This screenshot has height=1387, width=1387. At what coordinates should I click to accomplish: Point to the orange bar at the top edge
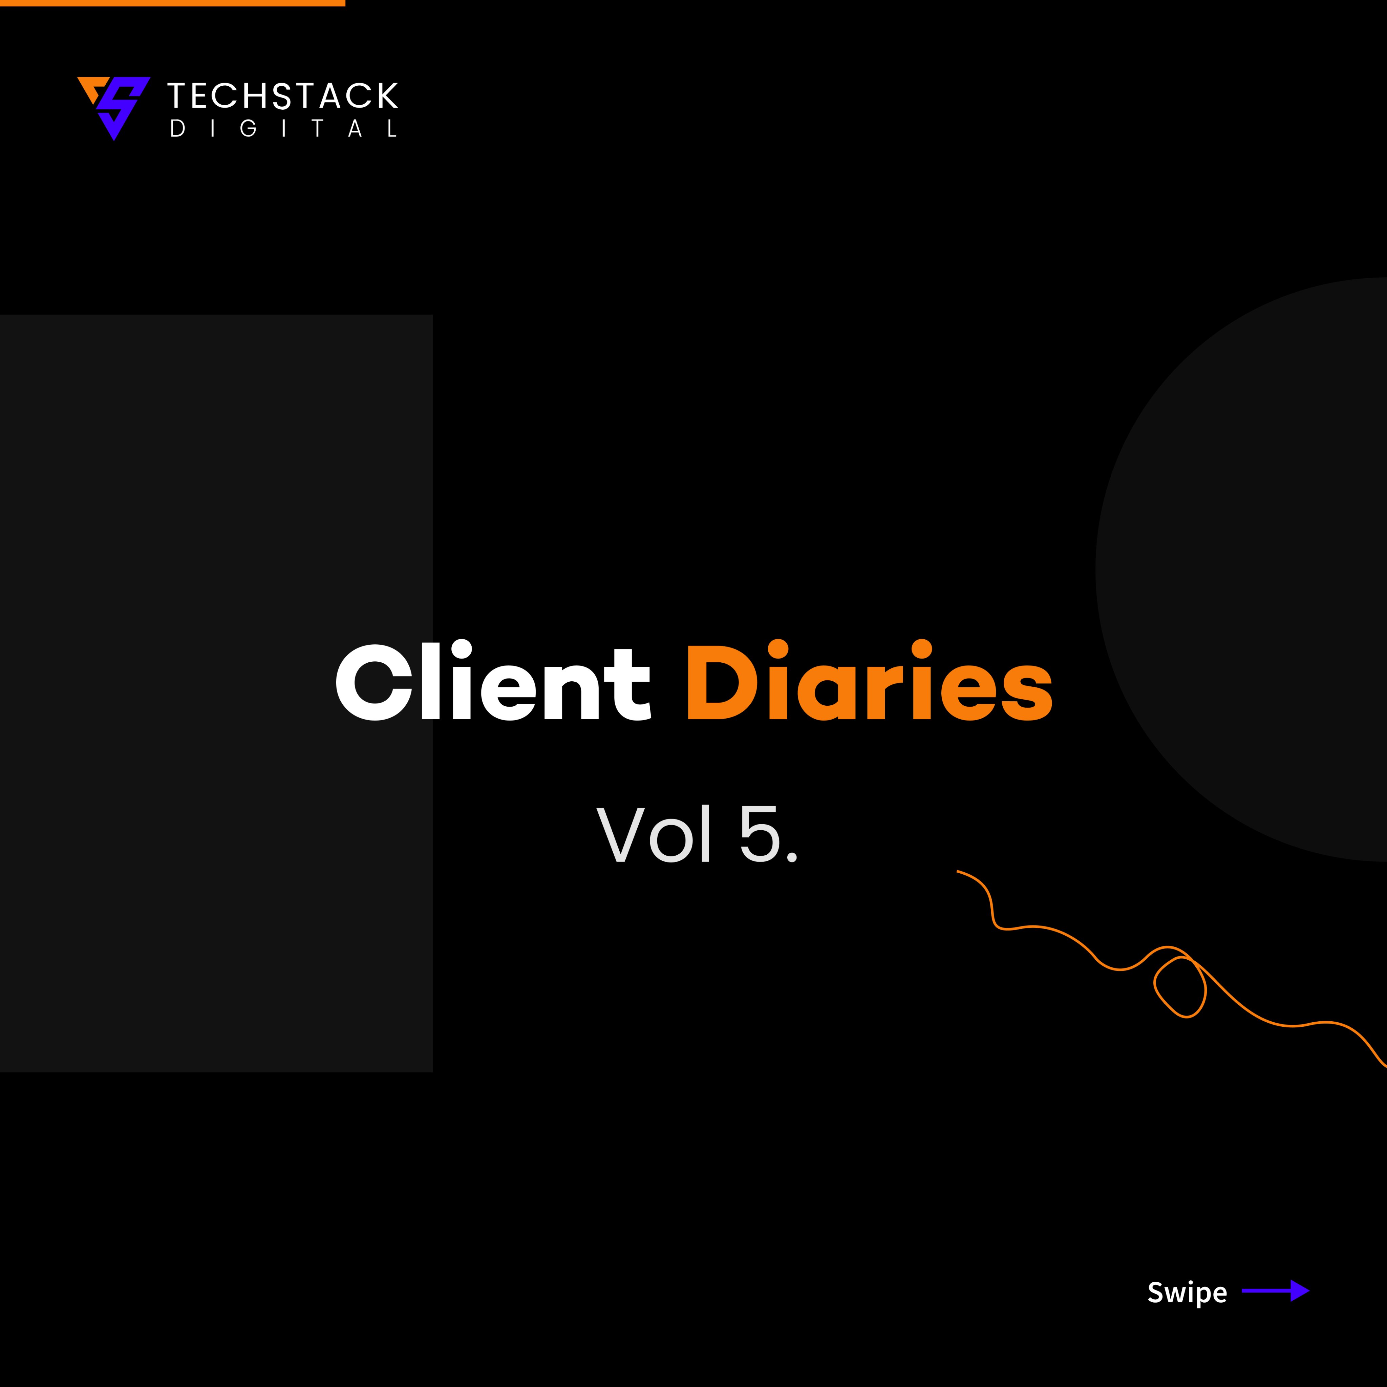[172, 3]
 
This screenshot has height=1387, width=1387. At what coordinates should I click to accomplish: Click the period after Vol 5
[791, 856]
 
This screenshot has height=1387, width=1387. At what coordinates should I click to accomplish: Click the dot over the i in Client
[461, 649]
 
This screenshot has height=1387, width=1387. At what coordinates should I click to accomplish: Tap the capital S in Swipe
[1156, 1292]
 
